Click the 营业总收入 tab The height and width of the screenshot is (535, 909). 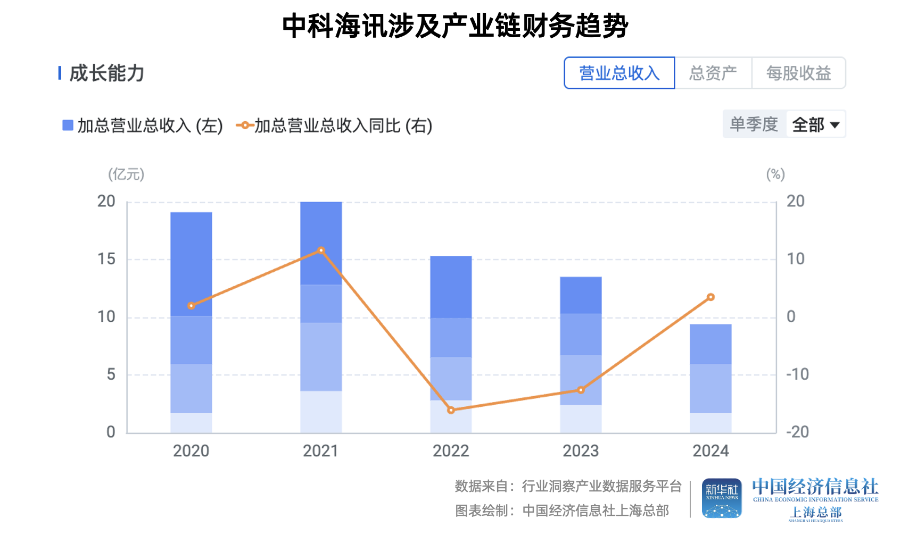coord(619,73)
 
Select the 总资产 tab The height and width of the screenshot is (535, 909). coord(713,73)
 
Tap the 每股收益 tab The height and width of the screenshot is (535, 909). coord(798,73)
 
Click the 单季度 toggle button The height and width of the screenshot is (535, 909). coord(754,124)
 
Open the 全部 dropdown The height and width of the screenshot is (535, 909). coord(816,124)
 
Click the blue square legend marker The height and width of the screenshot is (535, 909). coord(68,126)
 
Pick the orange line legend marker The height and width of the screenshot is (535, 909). coord(244,126)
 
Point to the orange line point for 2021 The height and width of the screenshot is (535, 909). coord(321,250)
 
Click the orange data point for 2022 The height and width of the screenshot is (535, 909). coord(451,410)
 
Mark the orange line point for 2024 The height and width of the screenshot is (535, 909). coord(710,297)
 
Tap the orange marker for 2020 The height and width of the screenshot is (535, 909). coord(191,306)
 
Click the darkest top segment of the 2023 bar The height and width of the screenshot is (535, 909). coord(581,295)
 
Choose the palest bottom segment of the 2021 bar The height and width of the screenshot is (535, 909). coord(321,412)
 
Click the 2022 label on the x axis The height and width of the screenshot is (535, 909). coord(451,451)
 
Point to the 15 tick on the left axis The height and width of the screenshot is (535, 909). coord(106,260)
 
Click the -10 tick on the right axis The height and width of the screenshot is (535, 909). coord(797,374)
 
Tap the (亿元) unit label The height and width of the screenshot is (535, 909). coord(126,174)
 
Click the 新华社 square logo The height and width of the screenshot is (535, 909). coord(722,498)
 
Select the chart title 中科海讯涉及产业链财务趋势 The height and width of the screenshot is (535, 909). coord(455,26)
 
